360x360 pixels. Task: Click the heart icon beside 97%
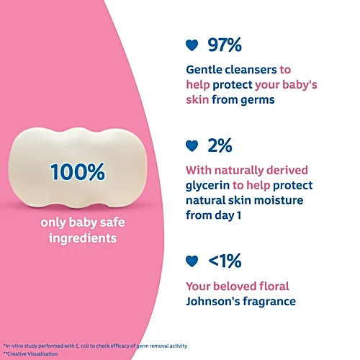coord(192,45)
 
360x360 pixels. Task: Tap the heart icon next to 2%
coord(192,146)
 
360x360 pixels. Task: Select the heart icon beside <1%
coord(192,261)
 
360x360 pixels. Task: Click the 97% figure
coord(225,45)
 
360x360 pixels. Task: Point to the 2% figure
coord(220,145)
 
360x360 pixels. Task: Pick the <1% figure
coord(225,261)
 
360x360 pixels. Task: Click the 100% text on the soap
coord(78,171)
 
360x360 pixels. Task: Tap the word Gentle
coord(204,70)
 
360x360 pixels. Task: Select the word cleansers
coord(251,70)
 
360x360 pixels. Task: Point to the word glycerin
coord(207,186)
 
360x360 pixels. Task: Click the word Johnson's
coord(213,302)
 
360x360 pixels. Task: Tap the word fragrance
coord(269,302)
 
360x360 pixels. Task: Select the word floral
coord(274,286)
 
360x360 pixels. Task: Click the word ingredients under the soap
coord(83,238)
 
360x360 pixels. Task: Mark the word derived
coord(287,170)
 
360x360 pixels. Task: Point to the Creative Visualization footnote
coord(31,354)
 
